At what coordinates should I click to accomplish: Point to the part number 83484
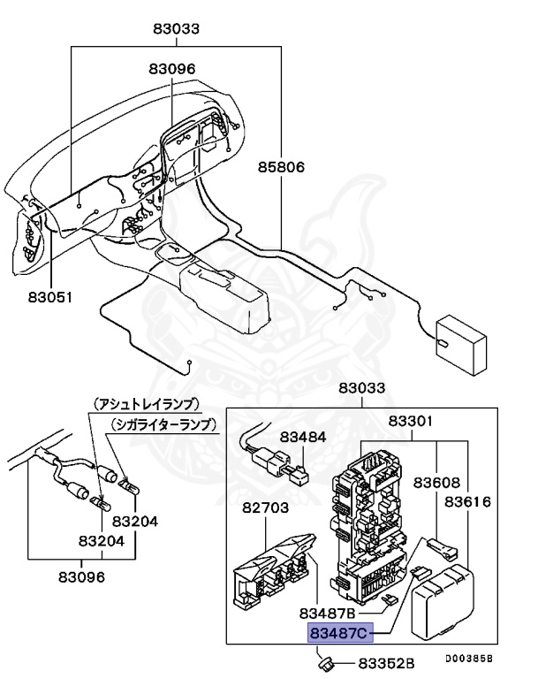pyautogui.click(x=303, y=437)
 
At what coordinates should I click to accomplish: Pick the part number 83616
pyautogui.click(x=467, y=501)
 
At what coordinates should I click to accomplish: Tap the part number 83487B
pyautogui.click(x=327, y=613)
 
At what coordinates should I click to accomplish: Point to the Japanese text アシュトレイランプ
pyautogui.click(x=147, y=403)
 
